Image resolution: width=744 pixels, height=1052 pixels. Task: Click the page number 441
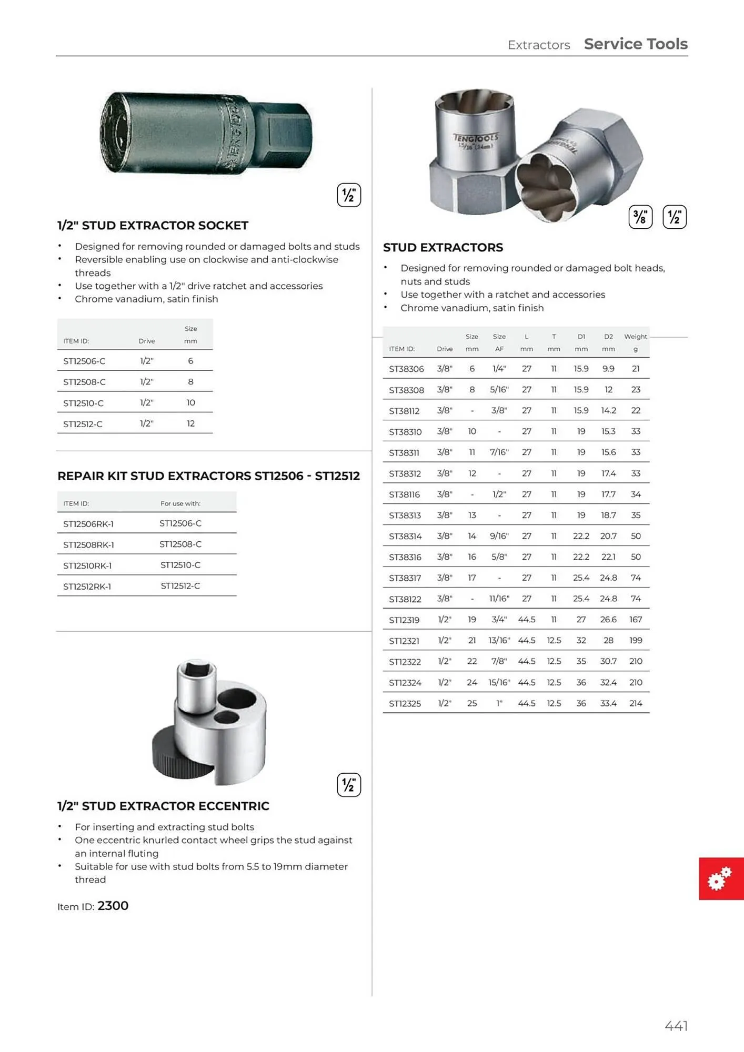(x=676, y=1026)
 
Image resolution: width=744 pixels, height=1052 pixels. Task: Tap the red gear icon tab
(x=720, y=878)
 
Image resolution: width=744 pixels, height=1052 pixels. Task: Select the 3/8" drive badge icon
(x=640, y=217)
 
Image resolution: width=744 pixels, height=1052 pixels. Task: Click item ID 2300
(x=113, y=906)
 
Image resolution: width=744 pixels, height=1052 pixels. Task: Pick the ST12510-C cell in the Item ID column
(x=83, y=403)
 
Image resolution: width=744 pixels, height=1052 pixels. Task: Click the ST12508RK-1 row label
(x=88, y=544)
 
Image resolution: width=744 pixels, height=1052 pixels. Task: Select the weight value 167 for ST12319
(x=636, y=620)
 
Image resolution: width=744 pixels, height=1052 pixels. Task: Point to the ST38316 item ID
(x=405, y=557)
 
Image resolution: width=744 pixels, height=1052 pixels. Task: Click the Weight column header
(x=636, y=337)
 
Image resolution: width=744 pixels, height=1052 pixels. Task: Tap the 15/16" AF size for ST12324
(x=499, y=682)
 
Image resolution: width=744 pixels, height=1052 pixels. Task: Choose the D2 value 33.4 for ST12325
(x=608, y=703)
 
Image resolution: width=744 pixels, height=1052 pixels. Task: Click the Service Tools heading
(x=636, y=44)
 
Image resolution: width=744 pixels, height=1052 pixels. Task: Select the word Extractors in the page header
(x=539, y=45)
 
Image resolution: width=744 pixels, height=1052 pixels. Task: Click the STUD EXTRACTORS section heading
(x=443, y=247)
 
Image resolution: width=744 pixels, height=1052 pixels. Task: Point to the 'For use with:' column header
(x=180, y=503)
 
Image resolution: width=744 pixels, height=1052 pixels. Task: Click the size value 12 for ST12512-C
(x=190, y=423)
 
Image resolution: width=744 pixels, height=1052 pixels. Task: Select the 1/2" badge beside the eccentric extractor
(x=348, y=785)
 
